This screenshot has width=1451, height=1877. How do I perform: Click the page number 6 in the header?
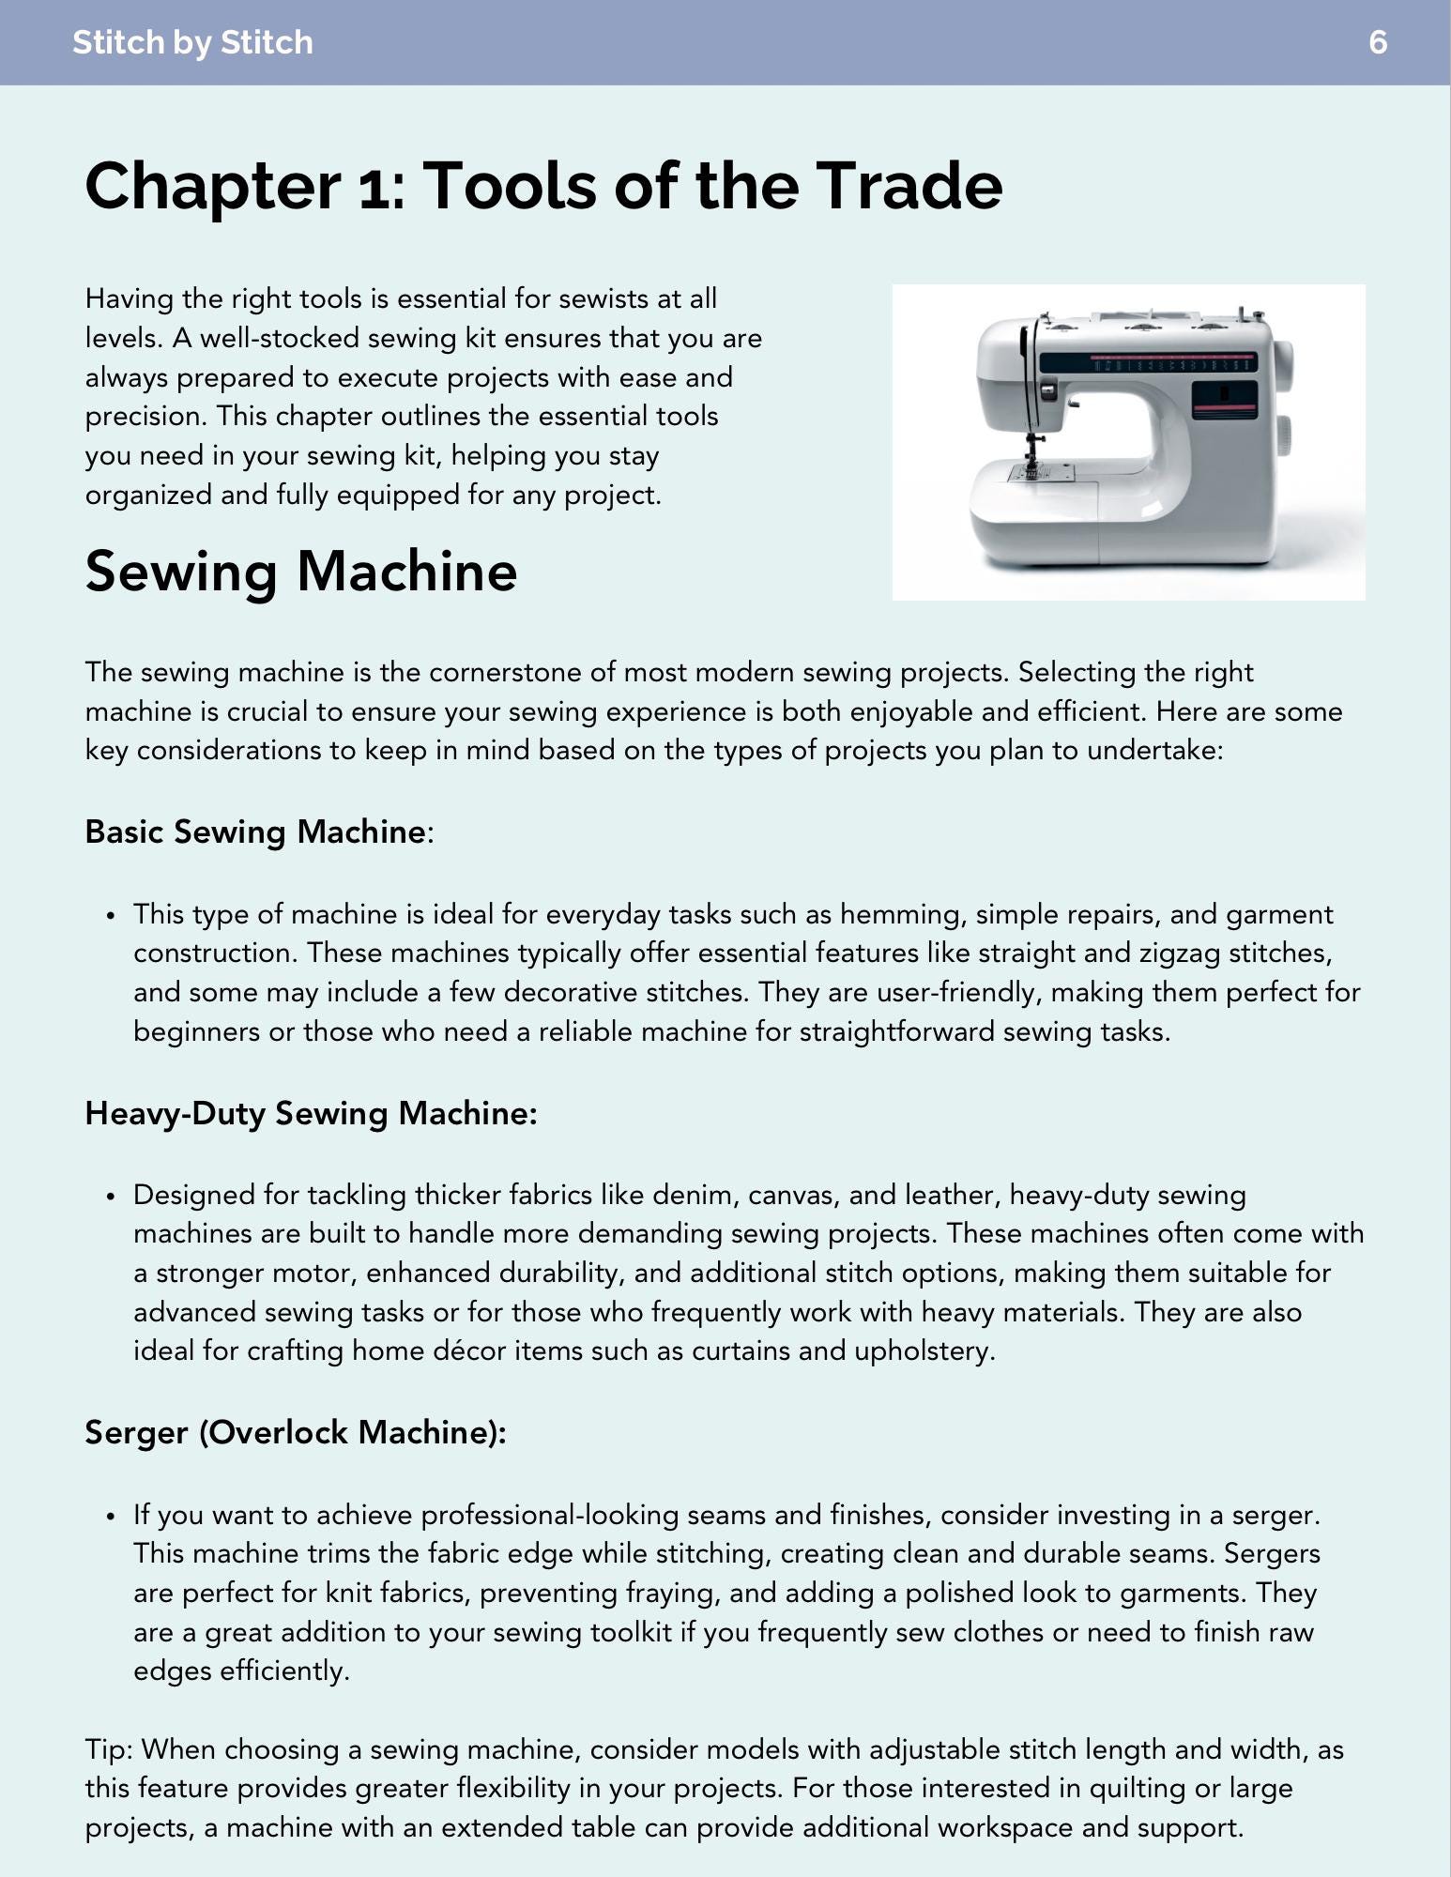pyautogui.click(x=1377, y=42)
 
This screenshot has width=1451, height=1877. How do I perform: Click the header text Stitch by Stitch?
pyautogui.click(x=192, y=42)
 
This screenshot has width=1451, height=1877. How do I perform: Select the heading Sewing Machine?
pyautogui.click(x=300, y=571)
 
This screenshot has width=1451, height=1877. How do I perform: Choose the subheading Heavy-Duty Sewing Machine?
pyautogui.click(x=311, y=1113)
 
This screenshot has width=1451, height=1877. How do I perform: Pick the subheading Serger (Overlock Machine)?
pyautogui.click(x=295, y=1432)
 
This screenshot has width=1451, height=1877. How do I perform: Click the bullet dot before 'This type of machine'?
pyautogui.click(x=111, y=915)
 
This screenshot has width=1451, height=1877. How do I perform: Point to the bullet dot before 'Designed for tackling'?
pyautogui.click(x=111, y=1196)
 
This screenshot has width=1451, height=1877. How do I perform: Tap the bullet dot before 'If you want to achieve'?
pyautogui.click(x=111, y=1516)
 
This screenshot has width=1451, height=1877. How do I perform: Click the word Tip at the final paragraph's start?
pyautogui.click(x=108, y=1749)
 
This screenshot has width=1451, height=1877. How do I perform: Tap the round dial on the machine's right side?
pyautogui.click(x=1282, y=436)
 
